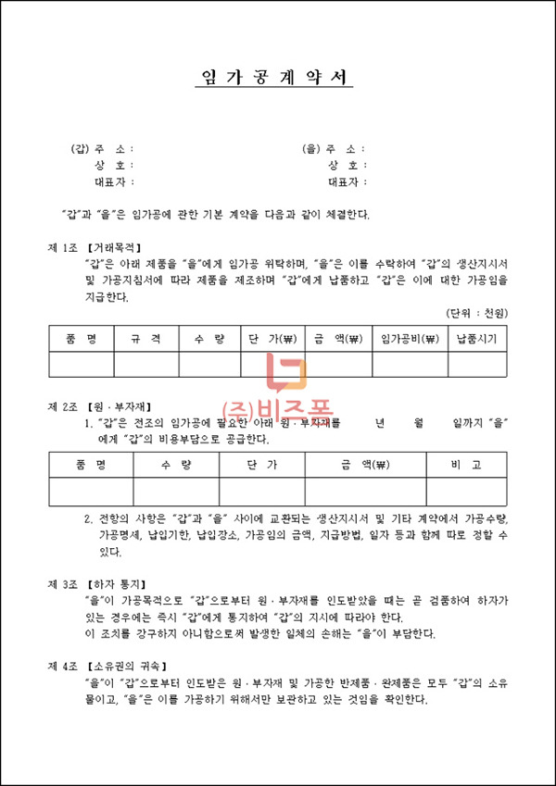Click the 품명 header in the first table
(81, 339)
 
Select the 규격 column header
(146, 339)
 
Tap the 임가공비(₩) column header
(410, 339)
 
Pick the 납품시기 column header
(477, 339)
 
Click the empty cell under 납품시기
(477, 365)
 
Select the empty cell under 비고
(467, 492)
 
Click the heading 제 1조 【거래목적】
(95, 248)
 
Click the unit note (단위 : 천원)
(476, 314)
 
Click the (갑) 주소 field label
(101, 149)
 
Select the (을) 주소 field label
(333, 149)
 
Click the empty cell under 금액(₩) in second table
(365, 492)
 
